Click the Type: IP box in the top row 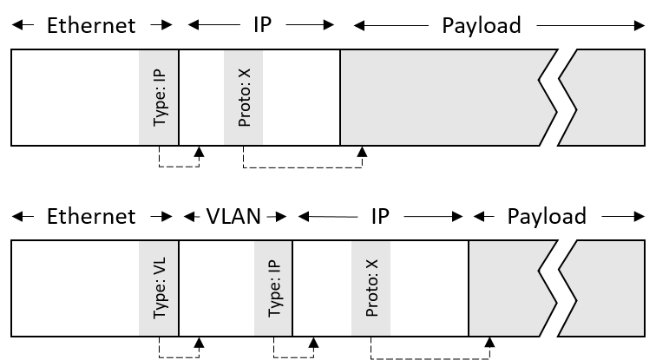(158, 97)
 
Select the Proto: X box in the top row (243, 97)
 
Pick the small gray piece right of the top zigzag (607, 97)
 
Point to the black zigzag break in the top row (558, 97)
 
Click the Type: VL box (158, 288)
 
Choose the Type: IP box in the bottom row (272, 288)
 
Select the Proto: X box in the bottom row (371, 288)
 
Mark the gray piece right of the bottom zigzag (607, 288)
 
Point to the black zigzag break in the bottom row (558, 288)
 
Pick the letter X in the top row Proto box (245, 75)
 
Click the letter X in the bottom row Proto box (372, 265)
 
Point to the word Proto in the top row (245, 108)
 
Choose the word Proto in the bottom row (372, 298)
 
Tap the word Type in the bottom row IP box (275, 300)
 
